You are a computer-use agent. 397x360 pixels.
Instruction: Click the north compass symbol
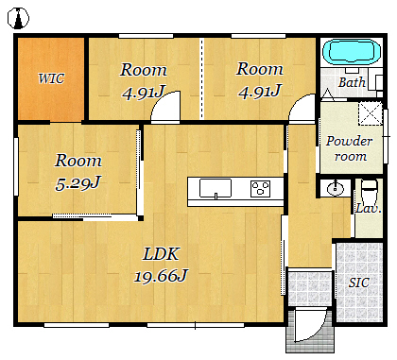pyautogui.click(x=18, y=18)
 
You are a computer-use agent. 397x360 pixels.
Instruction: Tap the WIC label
pyautogui.click(x=51, y=78)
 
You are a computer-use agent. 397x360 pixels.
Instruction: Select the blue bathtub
pyautogui.click(x=352, y=51)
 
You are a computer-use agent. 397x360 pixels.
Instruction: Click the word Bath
pyautogui.click(x=352, y=82)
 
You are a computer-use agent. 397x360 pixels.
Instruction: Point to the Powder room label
pyautogui.click(x=350, y=148)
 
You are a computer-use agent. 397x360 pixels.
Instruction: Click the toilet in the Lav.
pyautogui.click(x=369, y=192)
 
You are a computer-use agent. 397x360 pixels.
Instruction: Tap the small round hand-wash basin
pyautogui.click(x=336, y=189)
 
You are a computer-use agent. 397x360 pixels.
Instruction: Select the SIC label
pyautogui.click(x=359, y=283)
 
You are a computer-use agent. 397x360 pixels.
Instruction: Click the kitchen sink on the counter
pyautogui.click(x=216, y=189)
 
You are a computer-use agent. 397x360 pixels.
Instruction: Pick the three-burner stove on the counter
pyautogui.click(x=260, y=189)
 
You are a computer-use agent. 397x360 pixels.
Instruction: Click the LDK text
pyautogui.click(x=161, y=254)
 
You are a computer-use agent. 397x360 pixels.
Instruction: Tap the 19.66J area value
pyautogui.click(x=161, y=276)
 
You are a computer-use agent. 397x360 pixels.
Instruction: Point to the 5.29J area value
pyautogui.click(x=78, y=183)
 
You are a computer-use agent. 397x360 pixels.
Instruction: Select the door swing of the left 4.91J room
pyautogui.click(x=165, y=107)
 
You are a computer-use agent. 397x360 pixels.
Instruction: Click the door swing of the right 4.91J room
pyautogui.click(x=302, y=108)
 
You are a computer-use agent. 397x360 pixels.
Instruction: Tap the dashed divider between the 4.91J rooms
pyautogui.click(x=202, y=78)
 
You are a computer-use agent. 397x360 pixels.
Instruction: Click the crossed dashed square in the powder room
pyautogui.click(x=371, y=113)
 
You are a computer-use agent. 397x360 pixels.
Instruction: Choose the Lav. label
pyautogui.click(x=369, y=208)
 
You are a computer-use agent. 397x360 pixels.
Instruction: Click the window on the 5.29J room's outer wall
pyautogui.click(x=16, y=166)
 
